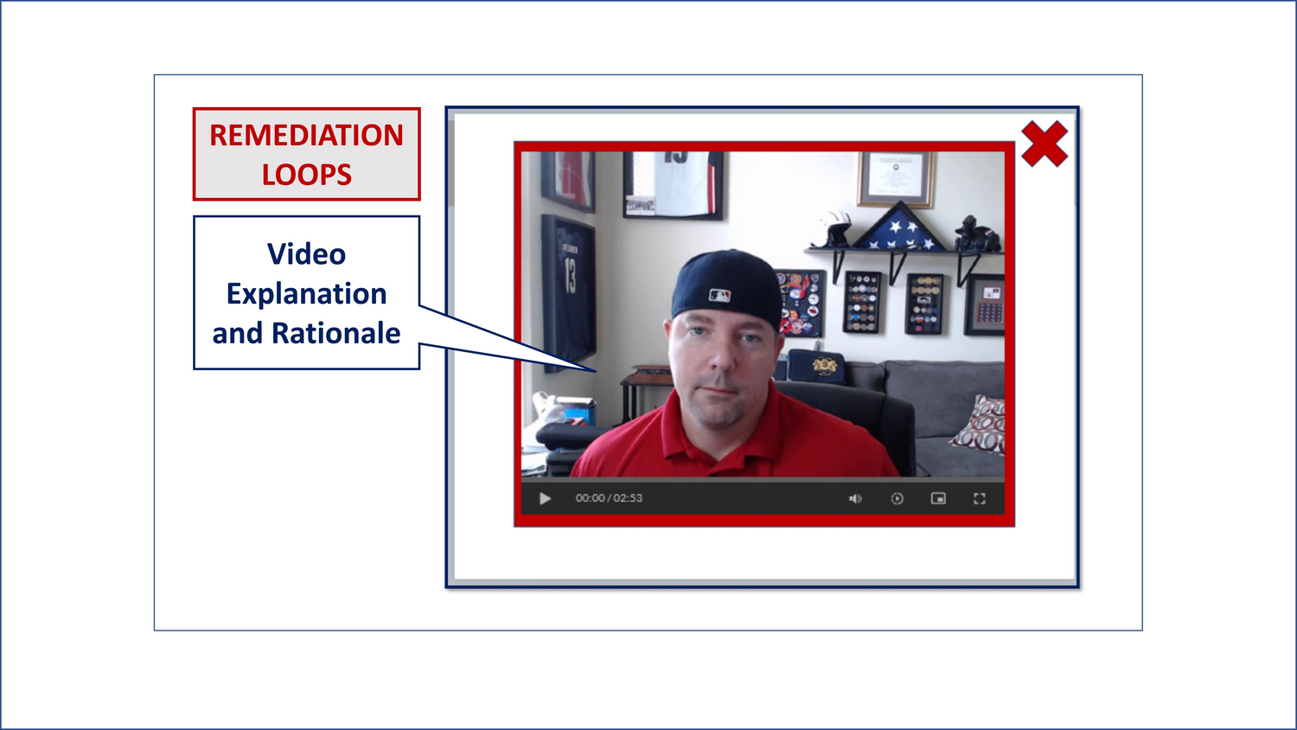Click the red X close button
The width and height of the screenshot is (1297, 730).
pyautogui.click(x=1044, y=144)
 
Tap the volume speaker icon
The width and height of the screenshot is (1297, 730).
pyautogui.click(x=854, y=498)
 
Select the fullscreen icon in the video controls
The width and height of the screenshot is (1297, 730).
pyautogui.click(x=979, y=498)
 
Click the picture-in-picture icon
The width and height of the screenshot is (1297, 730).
pyautogui.click(x=938, y=498)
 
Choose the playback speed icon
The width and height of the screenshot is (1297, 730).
pyautogui.click(x=897, y=498)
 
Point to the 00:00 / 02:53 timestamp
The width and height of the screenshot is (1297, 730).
pyautogui.click(x=609, y=498)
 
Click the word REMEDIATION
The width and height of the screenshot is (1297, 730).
pyautogui.click(x=306, y=136)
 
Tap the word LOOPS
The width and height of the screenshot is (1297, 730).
pyautogui.click(x=306, y=175)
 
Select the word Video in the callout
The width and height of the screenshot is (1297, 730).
pyautogui.click(x=306, y=254)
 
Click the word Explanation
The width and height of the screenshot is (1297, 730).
pyautogui.click(x=306, y=294)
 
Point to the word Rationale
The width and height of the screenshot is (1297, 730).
pyautogui.click(x=335, y=333)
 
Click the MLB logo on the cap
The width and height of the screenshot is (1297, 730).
pyautogui.click(x=719, y=296)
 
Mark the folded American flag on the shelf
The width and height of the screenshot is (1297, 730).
pyautogui.click(x=898, y=227)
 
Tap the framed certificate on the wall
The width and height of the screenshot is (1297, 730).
pyautogui.click(x=895, y=178)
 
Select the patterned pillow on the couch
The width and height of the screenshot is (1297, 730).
pyautogui.click(x=977, y=425)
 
